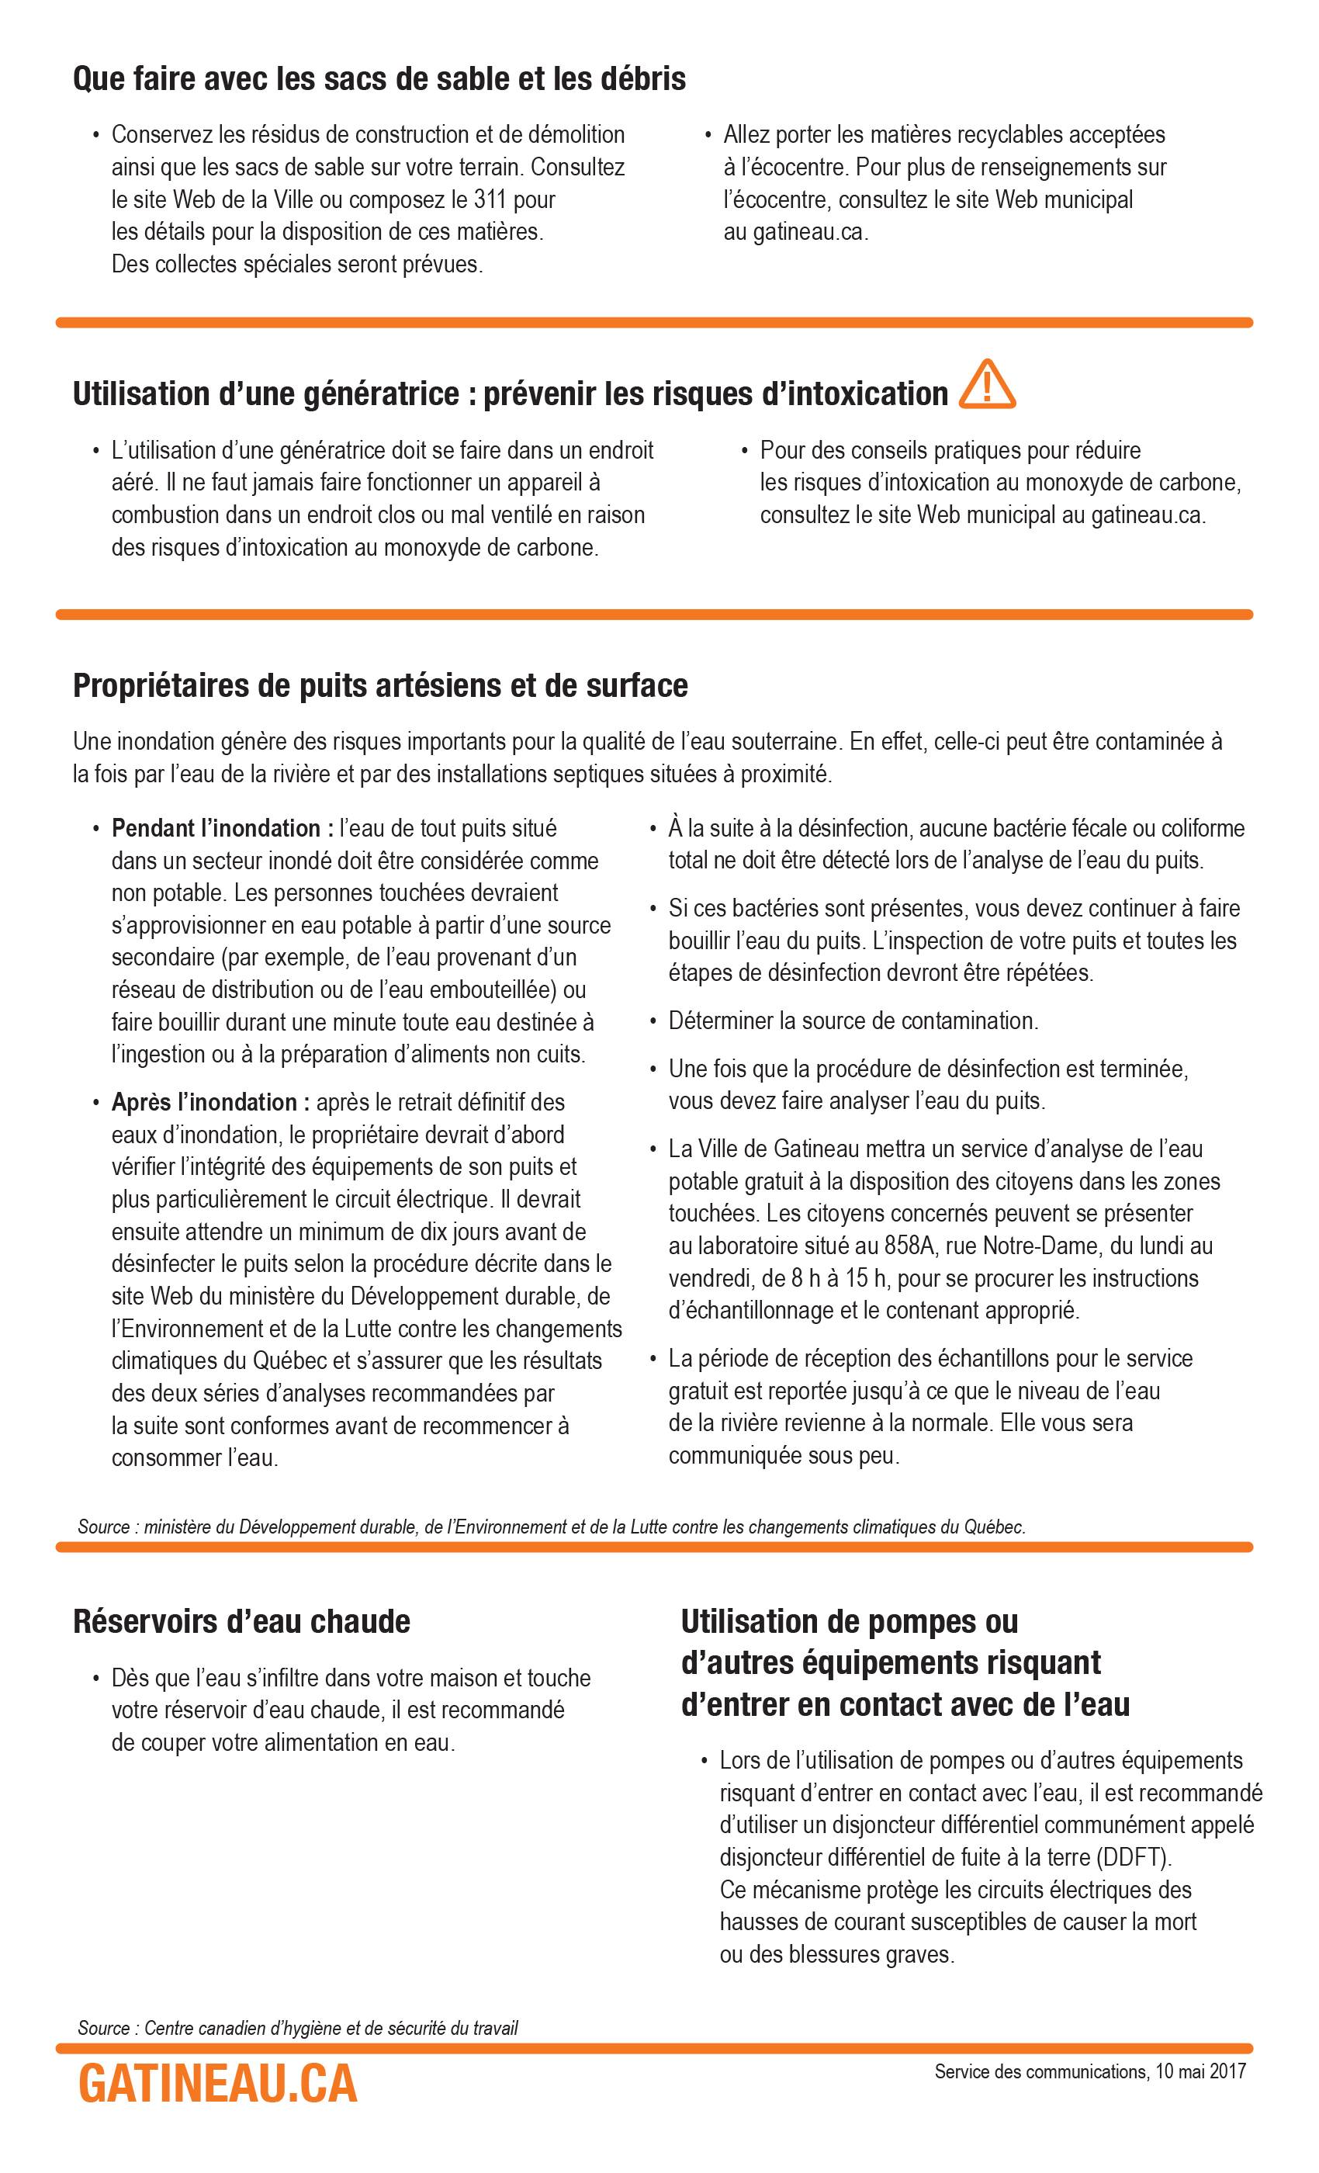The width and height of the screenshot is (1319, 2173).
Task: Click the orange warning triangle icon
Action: tap(987, 386)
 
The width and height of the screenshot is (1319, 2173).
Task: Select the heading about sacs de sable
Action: tap(379, 79)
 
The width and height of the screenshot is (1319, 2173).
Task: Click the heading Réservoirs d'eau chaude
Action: tap(241, 1621)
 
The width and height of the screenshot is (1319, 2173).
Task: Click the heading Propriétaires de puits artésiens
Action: tap(380, 685)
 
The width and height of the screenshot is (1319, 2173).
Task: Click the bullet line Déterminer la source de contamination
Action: tap(853, 1021)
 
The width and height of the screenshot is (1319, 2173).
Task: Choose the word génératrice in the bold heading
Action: tap(379, 394)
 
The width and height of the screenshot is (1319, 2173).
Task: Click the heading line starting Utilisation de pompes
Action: tap(849, 1621)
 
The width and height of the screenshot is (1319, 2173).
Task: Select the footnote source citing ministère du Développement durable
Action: tap(551, 1527)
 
